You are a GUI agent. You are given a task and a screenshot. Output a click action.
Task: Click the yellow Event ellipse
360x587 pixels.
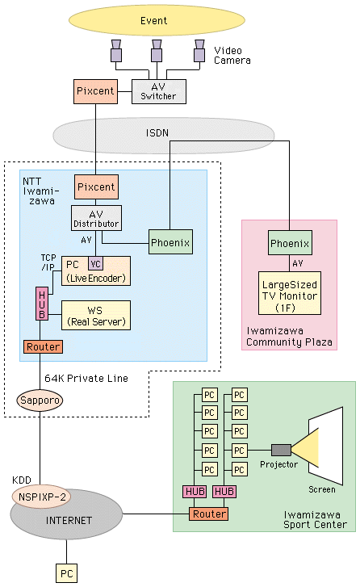[x=157, y=20]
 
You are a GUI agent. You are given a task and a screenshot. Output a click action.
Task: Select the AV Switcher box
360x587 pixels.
[x=159, y=91]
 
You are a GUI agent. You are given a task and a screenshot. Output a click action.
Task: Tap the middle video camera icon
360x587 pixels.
[x=157, y=51]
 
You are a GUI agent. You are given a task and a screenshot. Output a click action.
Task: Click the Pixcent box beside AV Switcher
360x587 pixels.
[x=95, y=91]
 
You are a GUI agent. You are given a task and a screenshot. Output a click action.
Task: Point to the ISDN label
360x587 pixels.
[x=157, y=133]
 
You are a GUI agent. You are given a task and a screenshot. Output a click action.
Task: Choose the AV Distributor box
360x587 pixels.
[x=96, y=218]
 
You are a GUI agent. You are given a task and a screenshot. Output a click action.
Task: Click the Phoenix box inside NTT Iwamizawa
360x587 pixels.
[x=170, y=242]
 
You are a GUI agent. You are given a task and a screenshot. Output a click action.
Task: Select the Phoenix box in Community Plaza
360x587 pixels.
[x=290, y=243]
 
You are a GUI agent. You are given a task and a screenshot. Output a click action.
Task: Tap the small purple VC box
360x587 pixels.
[x=95, y=263]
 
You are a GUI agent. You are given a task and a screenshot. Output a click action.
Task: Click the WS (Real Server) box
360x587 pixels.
[x=96, y=315]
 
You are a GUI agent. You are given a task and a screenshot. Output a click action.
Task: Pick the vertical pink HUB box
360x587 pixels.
[x=42, y=304]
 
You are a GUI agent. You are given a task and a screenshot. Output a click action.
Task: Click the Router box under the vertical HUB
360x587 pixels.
[x=43, y=346]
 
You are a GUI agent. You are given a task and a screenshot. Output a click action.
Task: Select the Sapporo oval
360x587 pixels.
[x=40, y=400]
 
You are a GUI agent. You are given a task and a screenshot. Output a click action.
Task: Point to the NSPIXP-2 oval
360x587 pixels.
[x=42, y=497]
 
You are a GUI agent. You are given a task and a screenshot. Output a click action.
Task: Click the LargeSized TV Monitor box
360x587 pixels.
[x=290, y=293]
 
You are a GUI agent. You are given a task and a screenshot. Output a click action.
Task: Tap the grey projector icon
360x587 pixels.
[x=281, y=450]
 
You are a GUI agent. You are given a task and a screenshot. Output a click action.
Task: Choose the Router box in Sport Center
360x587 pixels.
[x=208, y=514]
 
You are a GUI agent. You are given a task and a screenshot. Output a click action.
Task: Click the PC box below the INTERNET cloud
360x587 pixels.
[x=67, y=573]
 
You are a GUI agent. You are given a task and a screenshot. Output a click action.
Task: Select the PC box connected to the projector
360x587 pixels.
[x=240, y=451]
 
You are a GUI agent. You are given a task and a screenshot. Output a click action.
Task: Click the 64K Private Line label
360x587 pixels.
[x=86, y=378]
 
